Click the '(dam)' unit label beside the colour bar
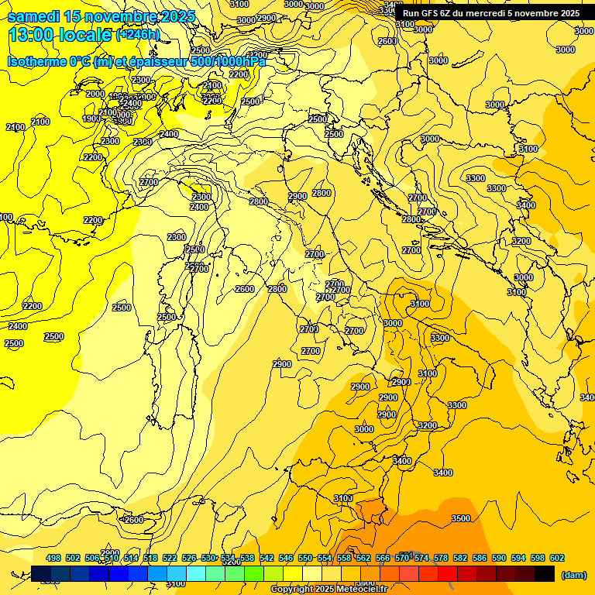coord(573,574)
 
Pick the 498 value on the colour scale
coord(53,558)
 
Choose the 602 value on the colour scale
coord(556,558)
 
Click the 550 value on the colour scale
coord(305,558)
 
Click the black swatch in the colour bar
coord(545,573)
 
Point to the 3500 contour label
coord(461,518)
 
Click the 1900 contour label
coord(91,119)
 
